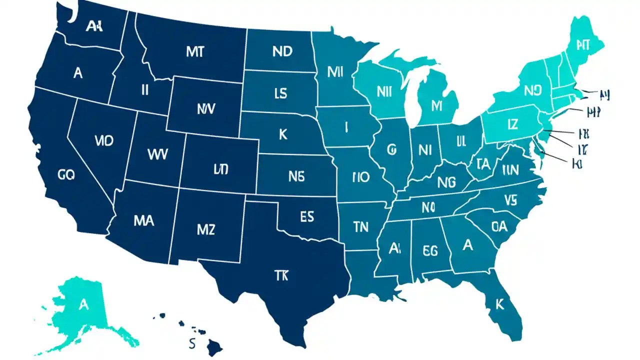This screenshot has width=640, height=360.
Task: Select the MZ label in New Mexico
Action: pyautogui.click(x=205, y=229)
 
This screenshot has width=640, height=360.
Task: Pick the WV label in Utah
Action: pyautogui.click(x=158, y=153)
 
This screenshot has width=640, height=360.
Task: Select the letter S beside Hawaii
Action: pyautogui.click(x=191, y=343)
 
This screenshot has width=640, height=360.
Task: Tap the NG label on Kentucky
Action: pyautogui.click(x=446, y=182)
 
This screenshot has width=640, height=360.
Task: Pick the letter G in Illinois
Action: pyautogui.click(x=390, y=149)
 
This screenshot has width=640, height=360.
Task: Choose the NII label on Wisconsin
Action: pyautogui.click(x=384, y=91)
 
